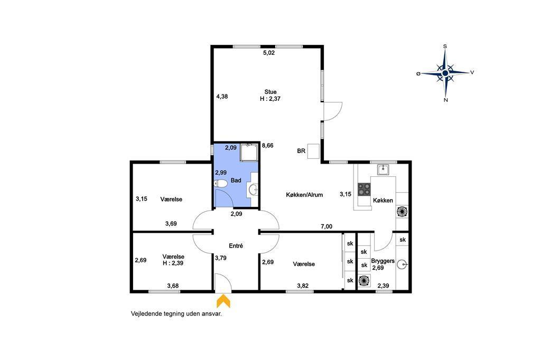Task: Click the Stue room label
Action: coord(270,92)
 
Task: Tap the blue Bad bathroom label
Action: coord(236,181)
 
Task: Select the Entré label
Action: coord(236,246)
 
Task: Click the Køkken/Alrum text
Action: coord(304,195)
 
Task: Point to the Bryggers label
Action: coord(383,261)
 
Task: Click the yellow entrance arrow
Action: coord(223,301)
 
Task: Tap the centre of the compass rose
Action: coord(445,73)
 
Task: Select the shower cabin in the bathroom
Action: coord(249,153)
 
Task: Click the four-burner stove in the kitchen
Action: coord(364,190)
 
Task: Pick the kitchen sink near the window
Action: coord(383,169)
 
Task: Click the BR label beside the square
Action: coord(301,151)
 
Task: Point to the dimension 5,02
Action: coord(269,53)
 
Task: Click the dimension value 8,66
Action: coord(267,146)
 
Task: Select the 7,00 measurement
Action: coord(327,226)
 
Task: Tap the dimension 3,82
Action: coord(303,286)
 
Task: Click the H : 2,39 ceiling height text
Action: coord(173,263)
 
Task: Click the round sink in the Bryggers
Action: coord(402,264)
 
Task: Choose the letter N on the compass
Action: coord(446,100)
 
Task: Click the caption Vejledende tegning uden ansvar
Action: coord(176,314)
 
